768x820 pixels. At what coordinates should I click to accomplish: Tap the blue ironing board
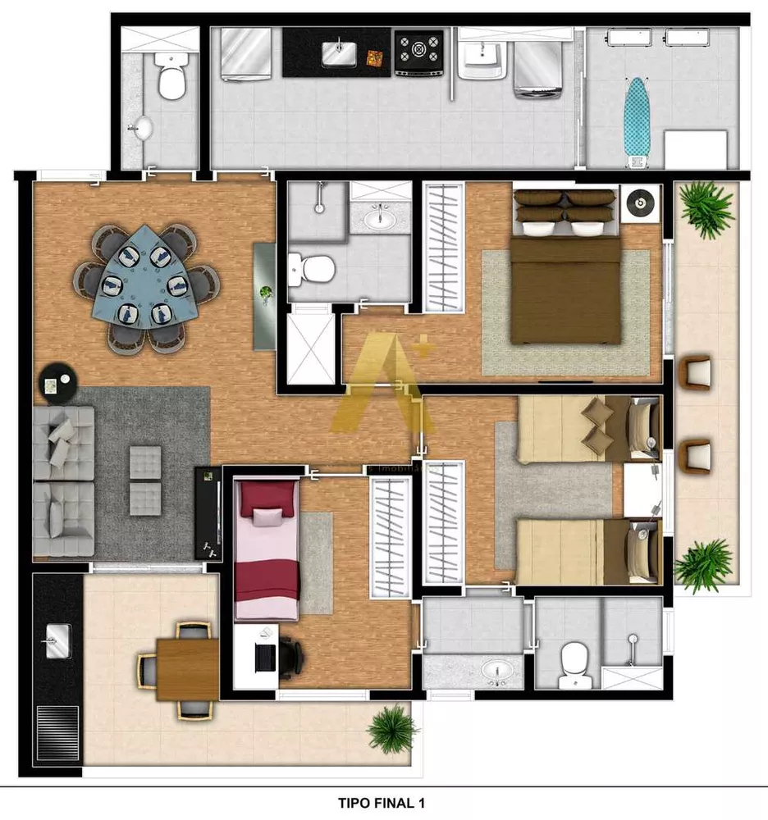pyautogui.click(x=635, y=115)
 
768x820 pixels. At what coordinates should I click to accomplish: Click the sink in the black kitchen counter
pyautogui.click(x=338, y=53)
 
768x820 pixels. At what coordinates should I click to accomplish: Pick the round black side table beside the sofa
pyautogui.click(x=57, y=383)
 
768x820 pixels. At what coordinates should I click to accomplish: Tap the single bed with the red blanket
pyautogui.click(x=266, y=549)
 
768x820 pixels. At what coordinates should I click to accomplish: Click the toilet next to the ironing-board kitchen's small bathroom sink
pyautogui.click(x=171, y=81)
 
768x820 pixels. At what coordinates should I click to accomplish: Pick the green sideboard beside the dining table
pyautogui.click(x=265, y=295)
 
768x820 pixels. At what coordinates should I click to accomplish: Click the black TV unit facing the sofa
pyautogui.click(x=208, y=512)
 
